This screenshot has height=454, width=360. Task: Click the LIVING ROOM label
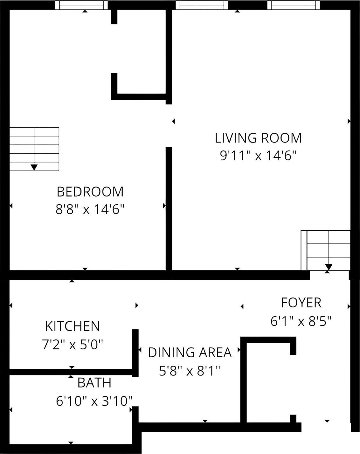[258, 138]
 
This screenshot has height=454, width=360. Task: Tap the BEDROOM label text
[90, 192]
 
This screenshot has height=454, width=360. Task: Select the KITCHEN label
[73, 326]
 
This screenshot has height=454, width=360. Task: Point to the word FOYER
[301, 303]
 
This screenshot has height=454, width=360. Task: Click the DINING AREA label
[190, 353]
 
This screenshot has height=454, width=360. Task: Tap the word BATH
[94, 383]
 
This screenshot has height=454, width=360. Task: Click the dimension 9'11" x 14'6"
[258, 156]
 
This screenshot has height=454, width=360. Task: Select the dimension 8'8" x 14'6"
[90, 210]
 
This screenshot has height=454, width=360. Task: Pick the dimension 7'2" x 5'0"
[73, 345]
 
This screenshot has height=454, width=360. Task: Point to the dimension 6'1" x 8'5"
[301, 321]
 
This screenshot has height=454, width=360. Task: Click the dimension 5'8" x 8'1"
[190, 371]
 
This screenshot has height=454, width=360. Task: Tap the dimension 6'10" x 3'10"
[94, 401]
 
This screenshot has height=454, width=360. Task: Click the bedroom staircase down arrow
[34, 167]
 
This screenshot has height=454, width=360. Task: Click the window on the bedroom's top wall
[81, 5]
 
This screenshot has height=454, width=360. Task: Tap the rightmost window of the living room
[293, 5]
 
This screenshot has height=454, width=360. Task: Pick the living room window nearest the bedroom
[202, 5]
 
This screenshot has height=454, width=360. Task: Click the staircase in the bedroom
[34, 149]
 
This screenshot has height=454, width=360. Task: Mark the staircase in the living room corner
[326, 250]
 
